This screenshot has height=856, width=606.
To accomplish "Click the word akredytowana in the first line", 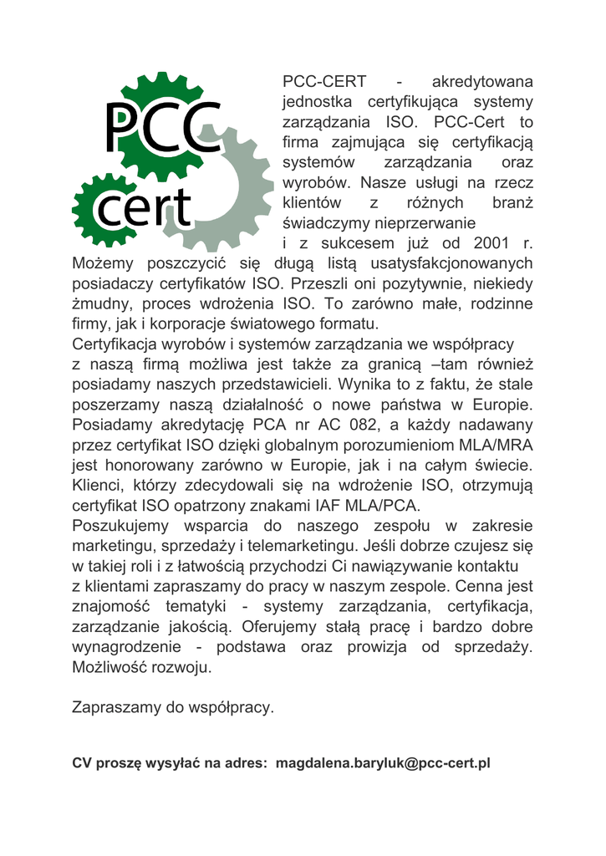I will pyautogui.click(x=481, y=83).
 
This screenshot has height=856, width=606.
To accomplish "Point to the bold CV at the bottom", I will pyautogui.click(x=81, y=763).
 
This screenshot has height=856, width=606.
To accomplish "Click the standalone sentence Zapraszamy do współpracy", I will pyautogui.click(x=173, y=707).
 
